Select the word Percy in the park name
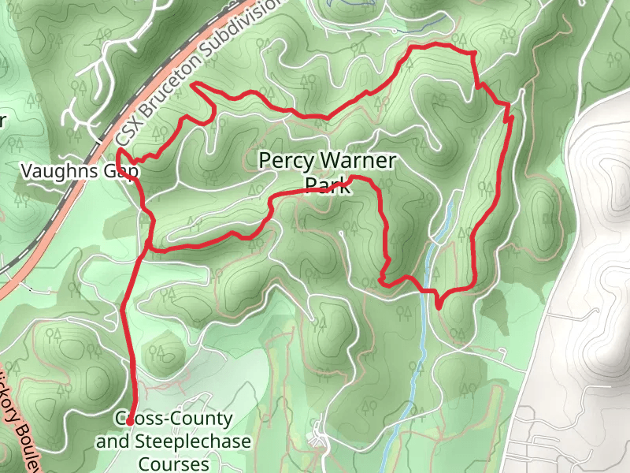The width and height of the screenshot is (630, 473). (284, 162)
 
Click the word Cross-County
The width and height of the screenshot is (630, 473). (174, 419)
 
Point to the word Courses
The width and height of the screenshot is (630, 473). (173, 463)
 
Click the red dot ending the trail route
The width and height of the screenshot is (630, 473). (129, 423)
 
